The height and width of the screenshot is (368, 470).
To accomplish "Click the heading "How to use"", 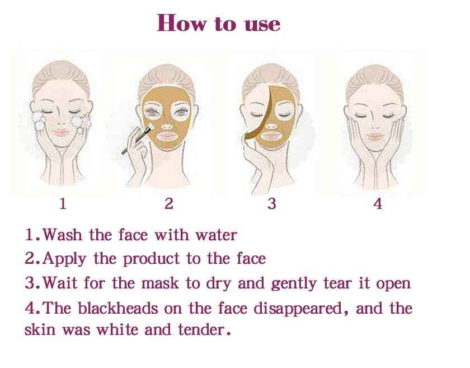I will point(219,24).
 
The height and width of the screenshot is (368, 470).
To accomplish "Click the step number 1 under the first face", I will point(63,204).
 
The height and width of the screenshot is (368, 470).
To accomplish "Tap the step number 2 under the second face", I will point(169,204).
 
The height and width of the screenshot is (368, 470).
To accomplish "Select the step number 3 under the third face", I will point(271,204).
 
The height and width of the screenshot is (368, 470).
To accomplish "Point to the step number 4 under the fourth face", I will point(378,204).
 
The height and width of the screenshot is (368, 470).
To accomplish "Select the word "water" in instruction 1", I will point(215,235).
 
